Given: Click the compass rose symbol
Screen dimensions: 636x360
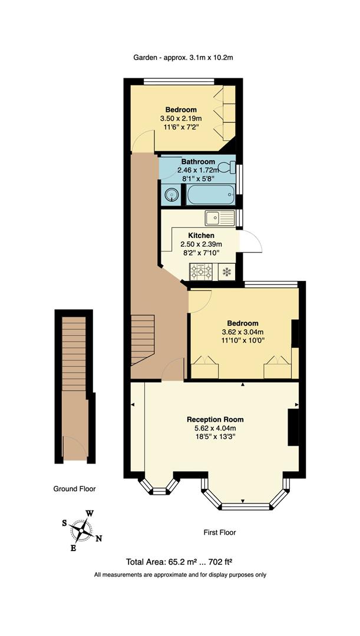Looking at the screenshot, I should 82,530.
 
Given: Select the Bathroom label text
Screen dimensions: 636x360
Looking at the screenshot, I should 197,161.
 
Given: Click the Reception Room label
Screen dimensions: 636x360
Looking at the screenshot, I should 215,419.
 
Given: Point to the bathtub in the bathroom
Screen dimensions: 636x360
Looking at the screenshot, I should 210,194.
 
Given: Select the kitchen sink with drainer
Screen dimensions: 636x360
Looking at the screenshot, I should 219,218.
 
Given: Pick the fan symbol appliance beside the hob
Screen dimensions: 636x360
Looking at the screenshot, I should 226,271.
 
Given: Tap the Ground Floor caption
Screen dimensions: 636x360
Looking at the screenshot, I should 74,489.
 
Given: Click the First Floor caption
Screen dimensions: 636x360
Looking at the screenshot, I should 220,532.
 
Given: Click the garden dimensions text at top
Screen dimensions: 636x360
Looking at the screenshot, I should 184,58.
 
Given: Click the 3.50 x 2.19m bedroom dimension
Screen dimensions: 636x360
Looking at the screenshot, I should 181,118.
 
